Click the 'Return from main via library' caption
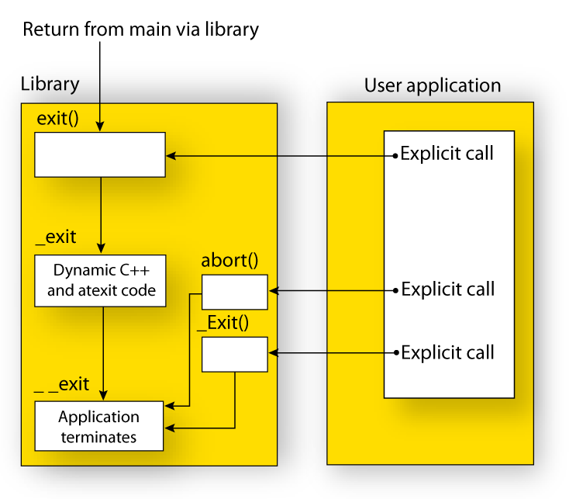point(140,30)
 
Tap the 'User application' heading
point(433,85)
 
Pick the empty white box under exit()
point(99,154)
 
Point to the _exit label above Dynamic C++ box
point(56,237)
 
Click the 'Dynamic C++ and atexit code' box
point(101,281)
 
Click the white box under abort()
point(234,291)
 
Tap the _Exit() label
point(223,324)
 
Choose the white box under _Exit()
point(234,354)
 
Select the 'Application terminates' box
point(99,426)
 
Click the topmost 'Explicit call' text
point(447,154)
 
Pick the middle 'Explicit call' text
point(447,290)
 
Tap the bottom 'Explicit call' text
point(447,353)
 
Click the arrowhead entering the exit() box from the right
point(171,156)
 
